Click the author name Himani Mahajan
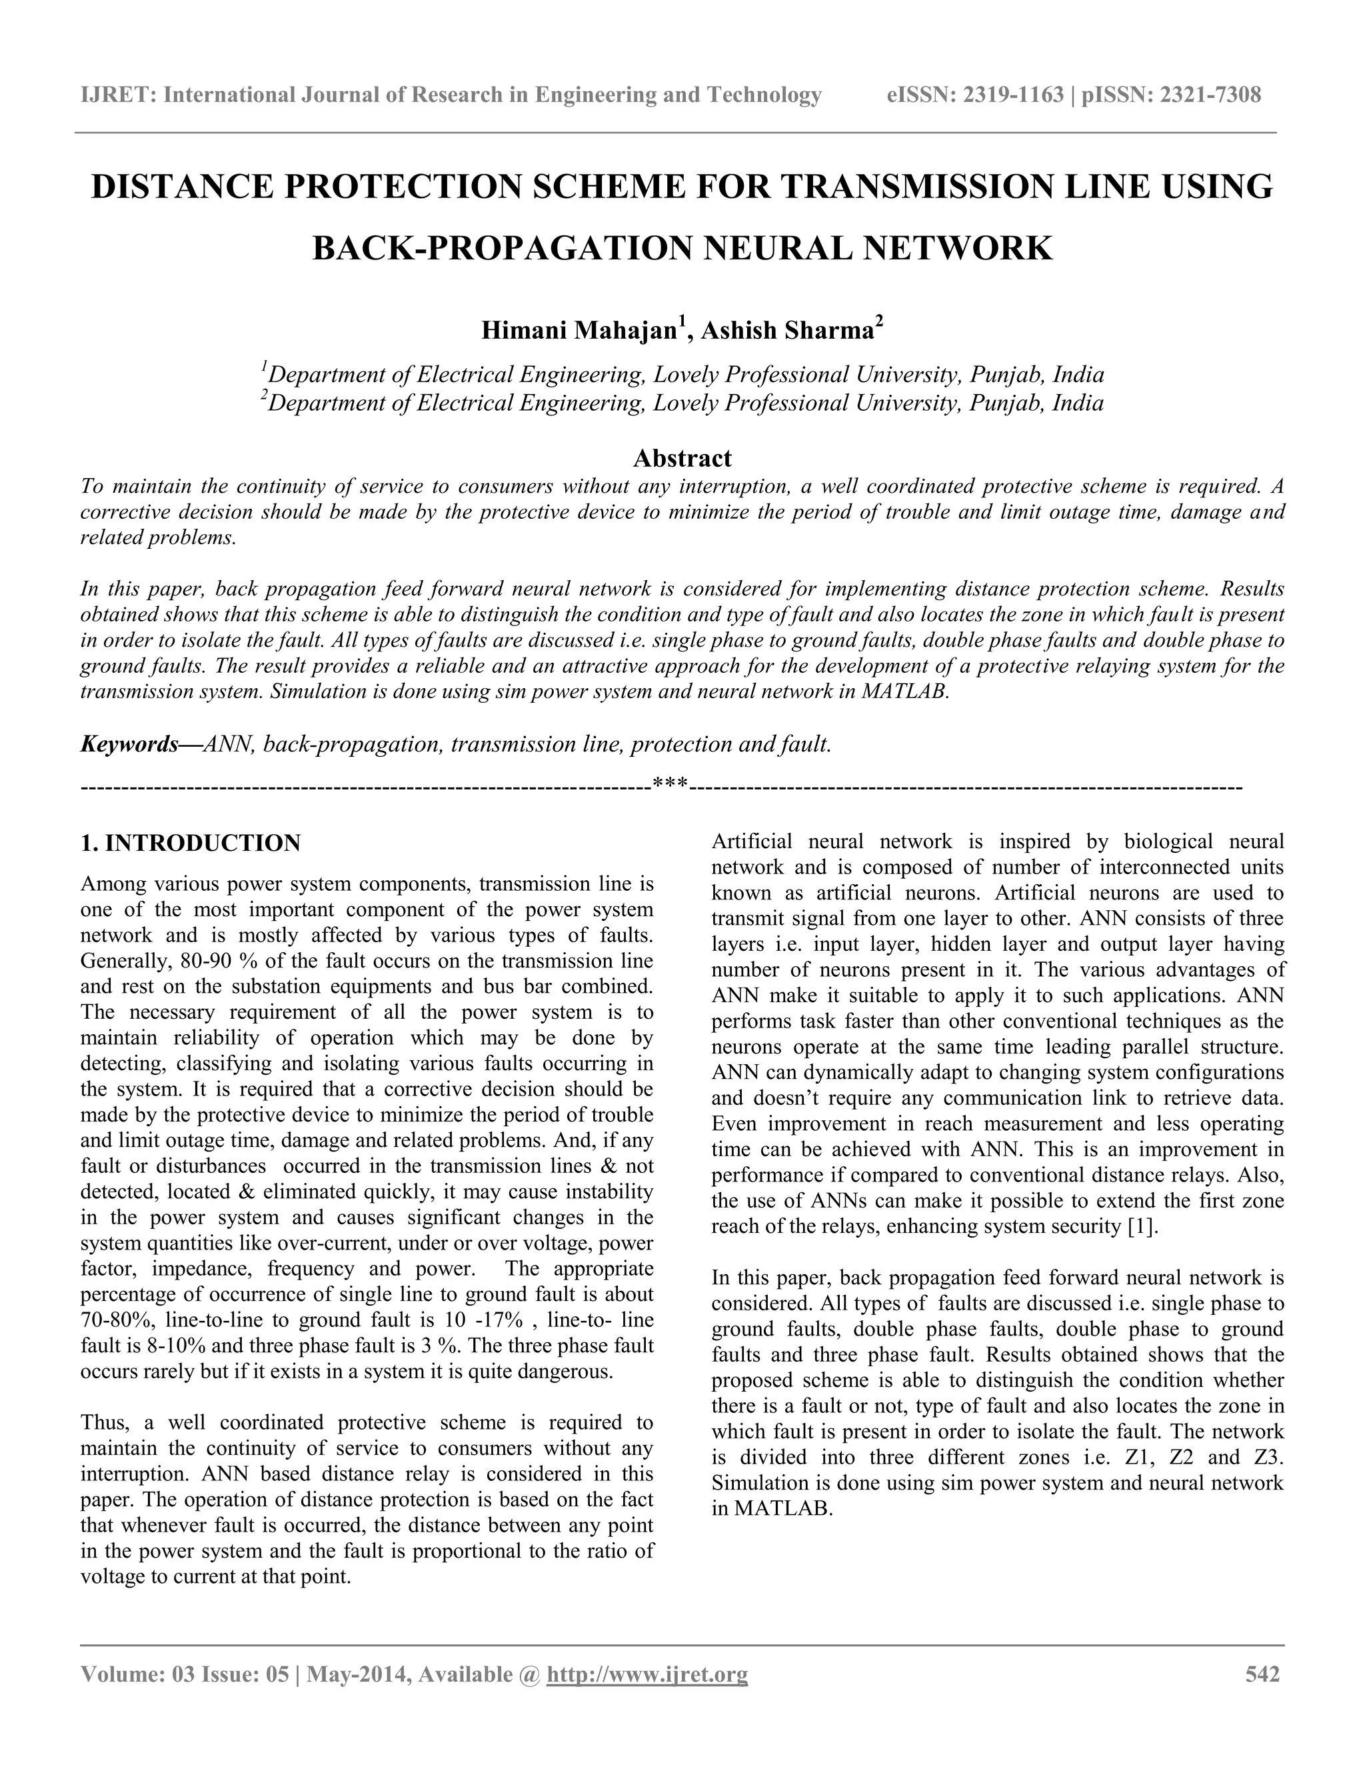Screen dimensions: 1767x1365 coord(578,331)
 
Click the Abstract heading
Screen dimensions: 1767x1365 coord(682,458)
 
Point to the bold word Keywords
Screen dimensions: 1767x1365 coord(129,744)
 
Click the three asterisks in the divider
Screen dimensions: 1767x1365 coord(671,784)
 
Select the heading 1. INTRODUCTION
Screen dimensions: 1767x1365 coord(191,843)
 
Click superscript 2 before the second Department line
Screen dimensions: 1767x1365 coord(264,395)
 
